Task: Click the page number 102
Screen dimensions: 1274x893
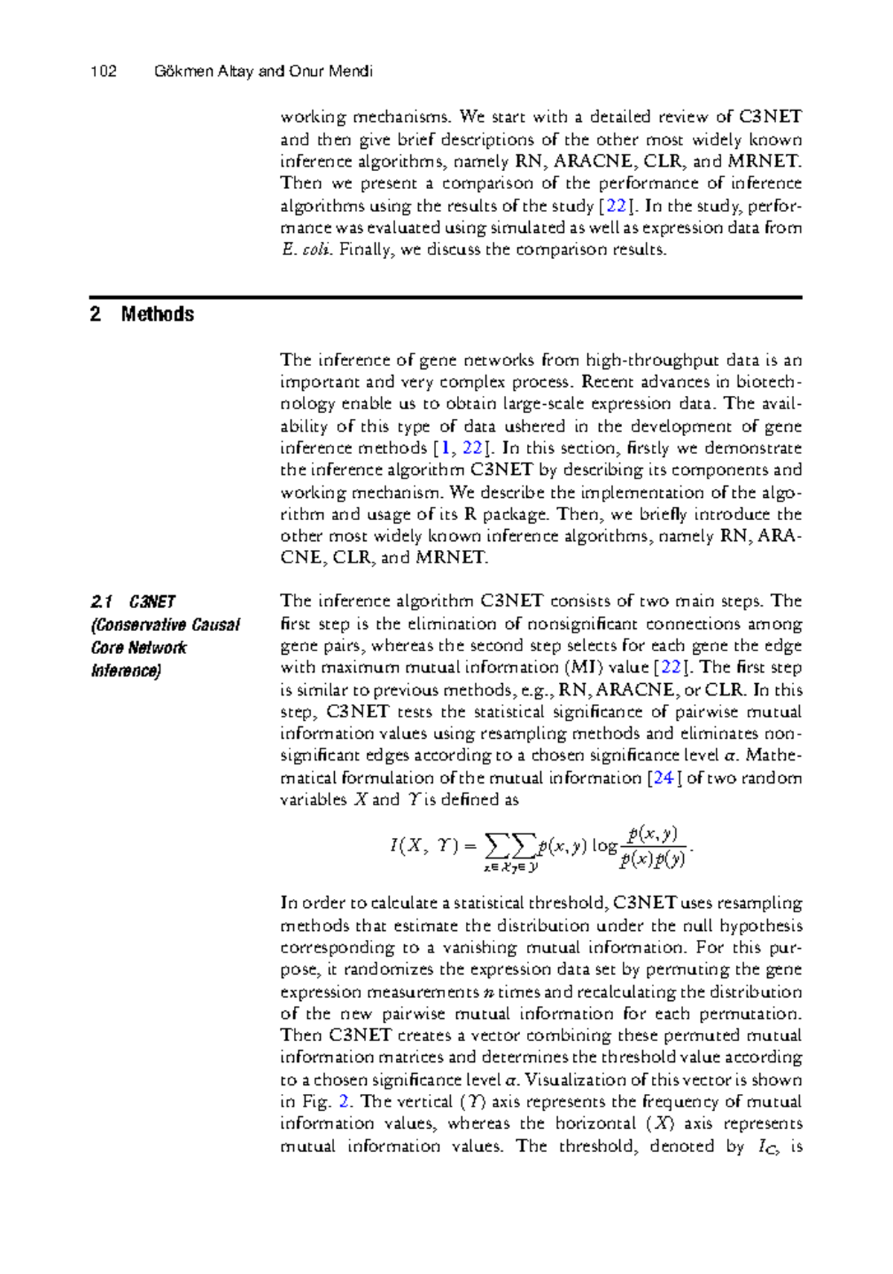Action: click(x=103, y=71)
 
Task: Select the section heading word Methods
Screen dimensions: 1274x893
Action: click(x=157, y=314)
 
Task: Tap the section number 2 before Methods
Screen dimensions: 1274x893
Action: click(x=95, y=314)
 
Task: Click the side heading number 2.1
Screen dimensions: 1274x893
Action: click(x=101, y=601)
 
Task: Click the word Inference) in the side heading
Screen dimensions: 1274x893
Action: click(x=125, y=671)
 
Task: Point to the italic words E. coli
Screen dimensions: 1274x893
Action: click(x=305, y=250)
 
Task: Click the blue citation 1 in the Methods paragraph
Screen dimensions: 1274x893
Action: click(x=445, y=449)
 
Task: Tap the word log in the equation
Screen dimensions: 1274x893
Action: click(x=604, y=846)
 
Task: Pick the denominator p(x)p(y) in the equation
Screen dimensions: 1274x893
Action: click(x=652, y=860)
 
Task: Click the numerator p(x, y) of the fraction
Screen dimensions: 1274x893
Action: click(x=652, y=833)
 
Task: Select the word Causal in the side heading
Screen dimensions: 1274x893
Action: click(x=216, y=624)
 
